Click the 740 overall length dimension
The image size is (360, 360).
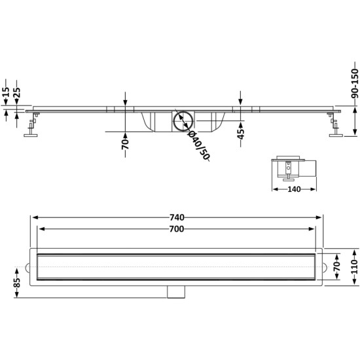[x=177, y=217]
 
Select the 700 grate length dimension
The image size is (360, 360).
[x=177, y=229]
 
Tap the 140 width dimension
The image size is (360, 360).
[x=294, y=189]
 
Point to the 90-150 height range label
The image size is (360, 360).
[x=355, y=83]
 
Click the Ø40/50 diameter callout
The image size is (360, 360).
[x=199, y=145]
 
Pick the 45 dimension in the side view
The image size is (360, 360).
[x=241, y=134]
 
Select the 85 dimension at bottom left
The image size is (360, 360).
[x=17, y=283]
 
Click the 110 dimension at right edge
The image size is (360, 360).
[x=355, y=267]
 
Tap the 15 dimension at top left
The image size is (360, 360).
[x=6, y=92]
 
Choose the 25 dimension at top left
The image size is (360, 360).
[x=17, y=92]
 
